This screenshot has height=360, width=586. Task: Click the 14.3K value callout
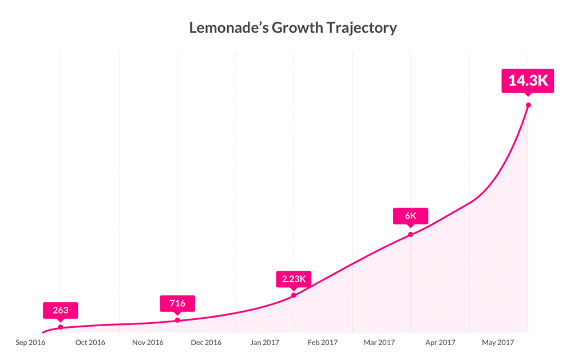528,81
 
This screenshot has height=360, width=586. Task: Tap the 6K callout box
410,216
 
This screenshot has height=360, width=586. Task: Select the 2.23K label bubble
294,279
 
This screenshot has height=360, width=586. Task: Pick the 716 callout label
177,303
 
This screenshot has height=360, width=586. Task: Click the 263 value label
60,311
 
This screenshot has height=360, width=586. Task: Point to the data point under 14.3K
528,105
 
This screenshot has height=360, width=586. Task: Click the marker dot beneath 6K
410,234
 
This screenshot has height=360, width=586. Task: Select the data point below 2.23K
294,295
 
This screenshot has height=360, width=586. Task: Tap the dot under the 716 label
177,320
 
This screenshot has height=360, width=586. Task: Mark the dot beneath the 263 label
61,327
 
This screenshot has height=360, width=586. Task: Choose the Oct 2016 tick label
90,343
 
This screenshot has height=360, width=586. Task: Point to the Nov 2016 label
148,343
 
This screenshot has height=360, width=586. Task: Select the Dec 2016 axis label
206,343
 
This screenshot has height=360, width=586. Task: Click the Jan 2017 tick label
264,343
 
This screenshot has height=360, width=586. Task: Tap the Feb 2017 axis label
322,343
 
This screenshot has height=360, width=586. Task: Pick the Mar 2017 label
381,343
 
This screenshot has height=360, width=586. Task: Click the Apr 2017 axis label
439,343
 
